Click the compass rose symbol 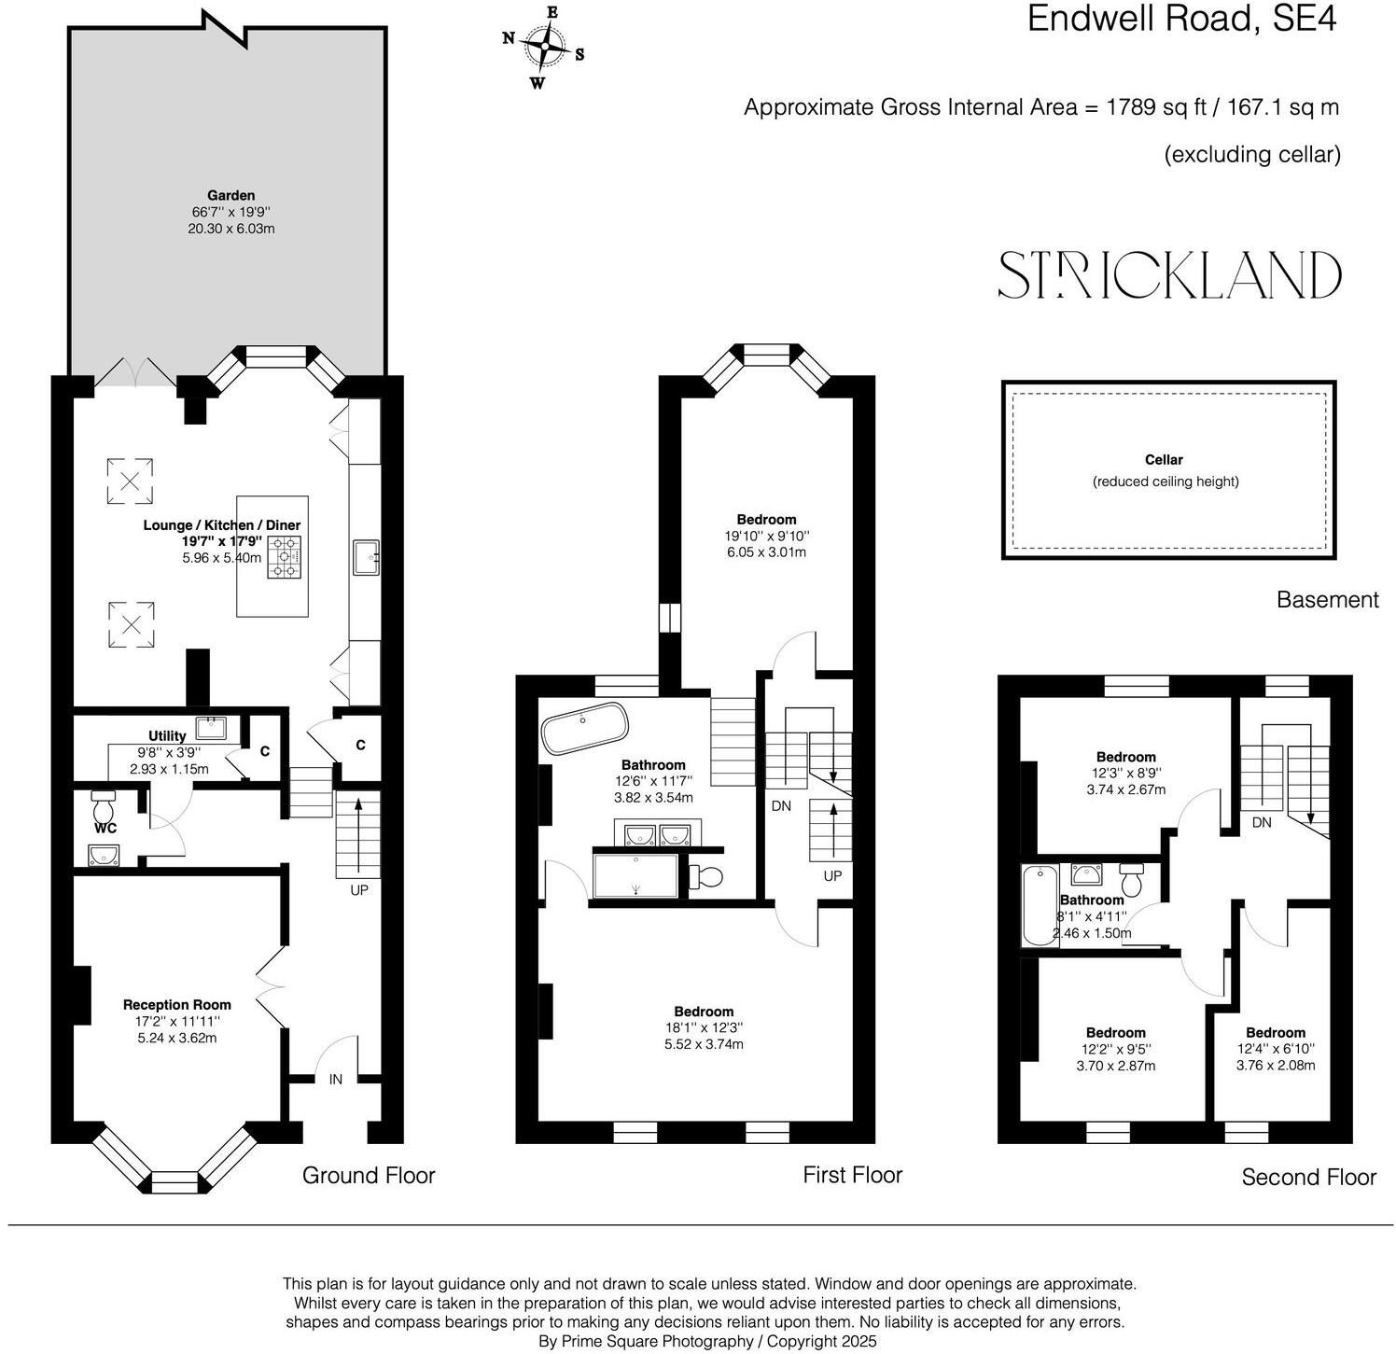pos(544,46)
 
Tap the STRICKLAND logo pos(1169,274)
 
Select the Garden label pos(230,195)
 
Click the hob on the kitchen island pos(286,557)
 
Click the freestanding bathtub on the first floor pos(585,727)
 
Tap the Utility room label pos(167,735)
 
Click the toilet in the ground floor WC pos(103,803)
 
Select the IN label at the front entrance pos(336,1079)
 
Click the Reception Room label pos(177,1004)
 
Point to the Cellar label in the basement pos(1164,459)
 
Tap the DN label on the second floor pos(1262,822)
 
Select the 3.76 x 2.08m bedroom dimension pos(1276,1065)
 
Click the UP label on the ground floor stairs pos(359,889)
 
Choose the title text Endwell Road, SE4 pos(1181,19)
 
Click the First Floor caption pos(852,1174)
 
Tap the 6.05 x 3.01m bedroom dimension pos(766,551)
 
